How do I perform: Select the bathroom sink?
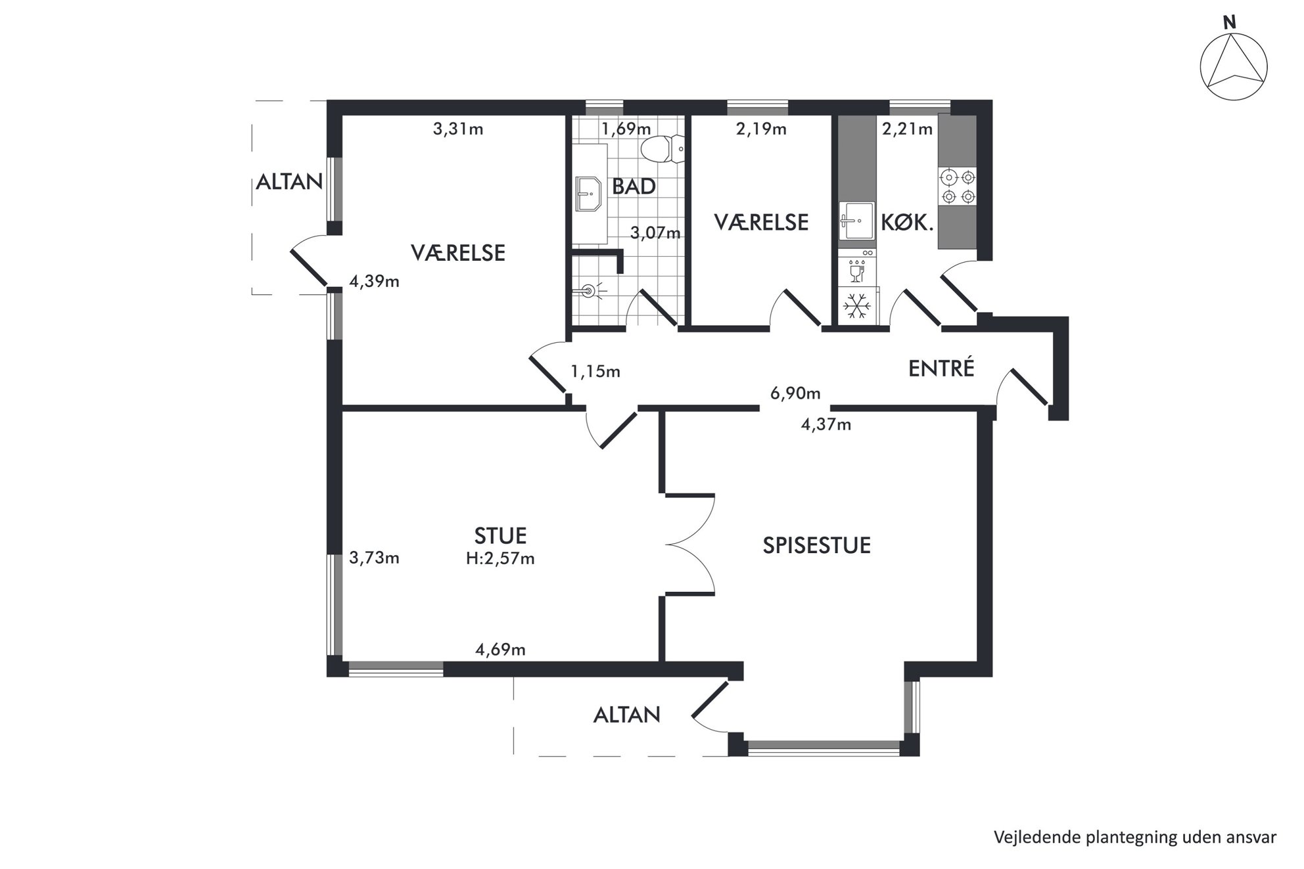pyautogui.click(x=590, y=193)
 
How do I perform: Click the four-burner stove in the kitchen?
pyautogui.click(x=957, y=187)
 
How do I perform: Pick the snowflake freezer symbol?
pyautogui.click(x=858, y=305)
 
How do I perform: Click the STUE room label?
pyautogui.click(x=500, y=536)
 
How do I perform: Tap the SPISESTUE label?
pyautogui.click(x=816, y=545)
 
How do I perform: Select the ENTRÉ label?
pyautogui.click(x=941, y=368)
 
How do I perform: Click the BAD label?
pyautogui.click(x=634, y=187)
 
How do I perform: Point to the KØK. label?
pyautogui.click(x=907, y=223)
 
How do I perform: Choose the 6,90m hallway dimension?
pyautogui.click(x=795, y=393)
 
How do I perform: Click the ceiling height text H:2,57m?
pyautogui.click(x=500, y=559)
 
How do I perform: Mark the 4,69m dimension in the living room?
pyautogui.click(x=500, y=650)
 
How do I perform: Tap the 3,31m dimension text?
pyautogui.click(x=458, y=129)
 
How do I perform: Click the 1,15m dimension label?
pyautogui.click(x=595, y=372)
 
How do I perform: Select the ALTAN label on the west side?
pyautogui.click(x=289, y=182)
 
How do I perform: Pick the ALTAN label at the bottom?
pyautogui.click(x=626, y=715)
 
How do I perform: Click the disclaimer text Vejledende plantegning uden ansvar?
pyautogui.click(x=1135, y=837)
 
